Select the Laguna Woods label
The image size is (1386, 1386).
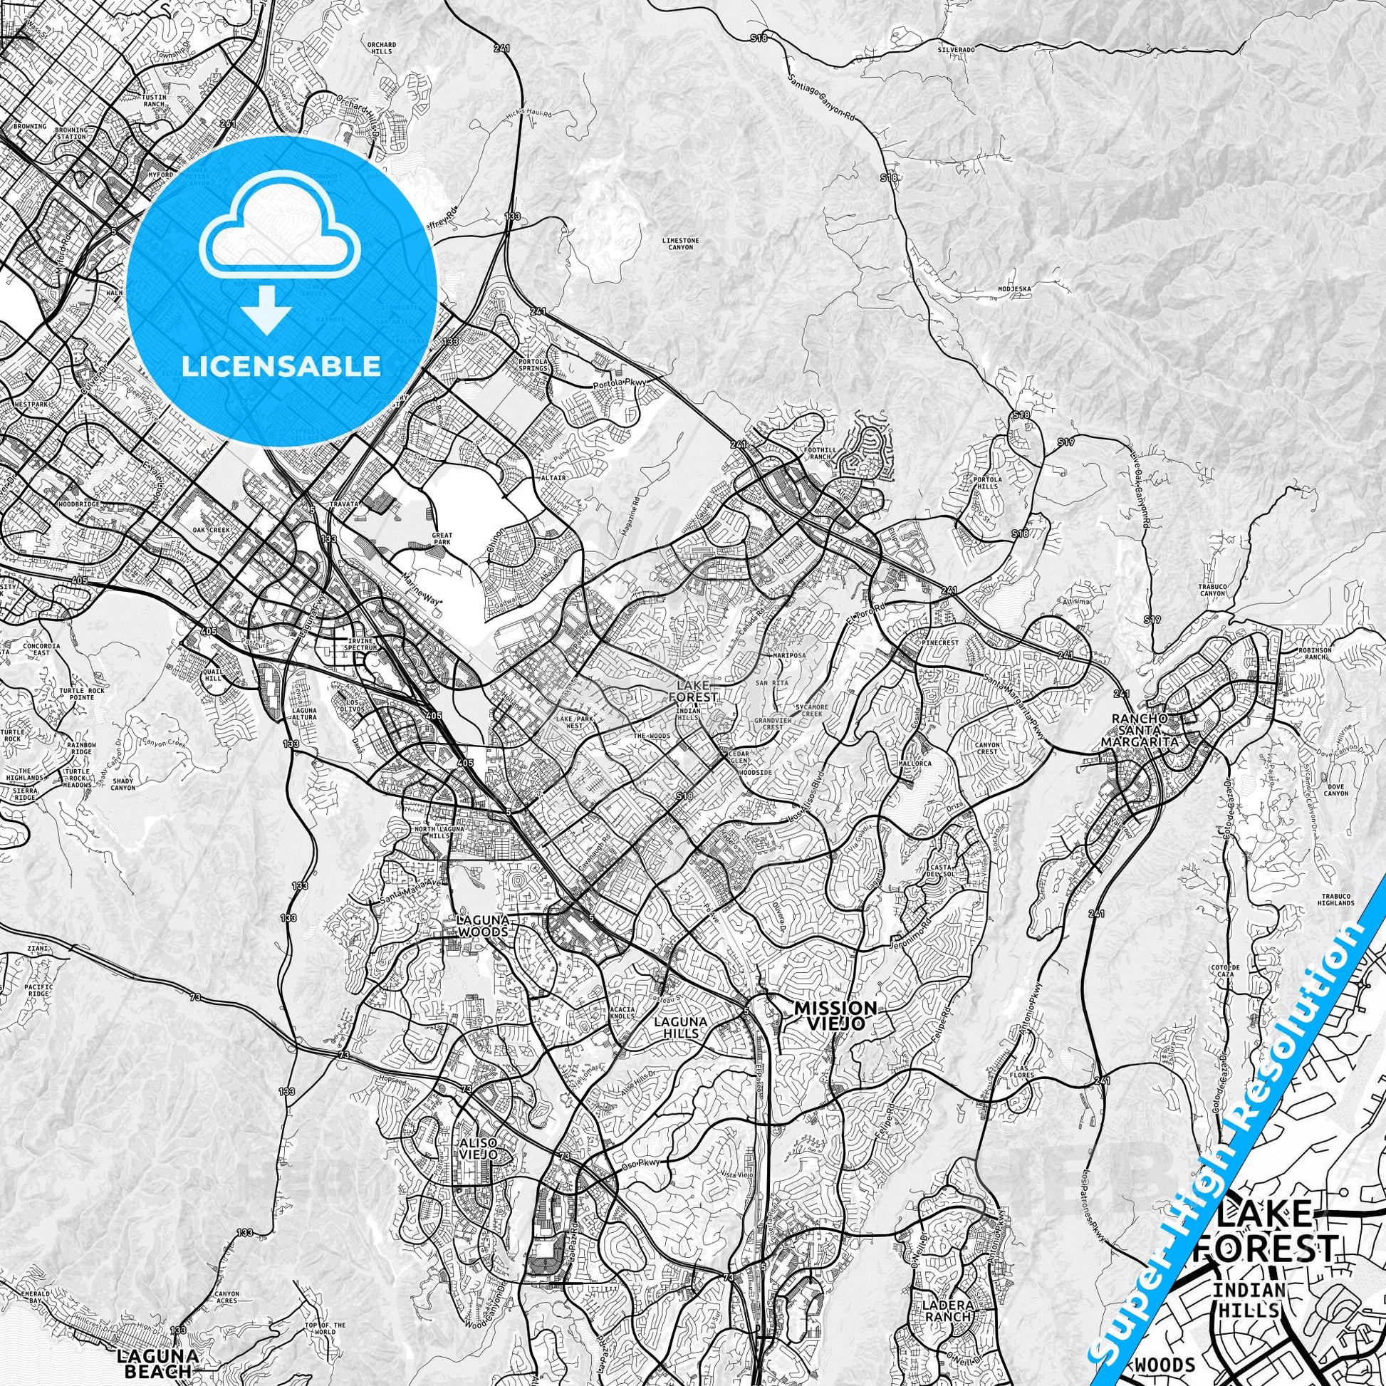486,925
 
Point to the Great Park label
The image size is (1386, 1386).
442,538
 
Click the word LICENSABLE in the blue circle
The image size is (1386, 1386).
281,366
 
